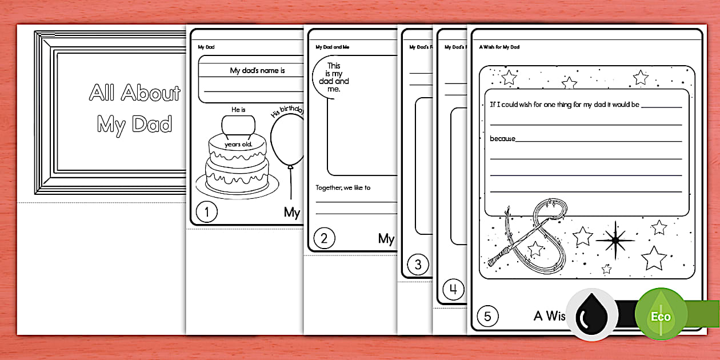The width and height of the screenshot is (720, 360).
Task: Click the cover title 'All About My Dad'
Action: click(135, 109)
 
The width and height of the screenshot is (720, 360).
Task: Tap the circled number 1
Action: click(206, 213)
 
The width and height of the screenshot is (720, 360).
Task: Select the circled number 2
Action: click(324, 239)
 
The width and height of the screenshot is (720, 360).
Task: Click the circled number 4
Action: click(453, 290)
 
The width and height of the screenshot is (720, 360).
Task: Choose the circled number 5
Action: click(487, 315)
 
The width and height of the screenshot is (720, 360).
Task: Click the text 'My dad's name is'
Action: click(257, 71)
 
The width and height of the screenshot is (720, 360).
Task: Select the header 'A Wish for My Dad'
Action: click(499, 47)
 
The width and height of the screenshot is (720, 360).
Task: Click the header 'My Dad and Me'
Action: click(332, 47)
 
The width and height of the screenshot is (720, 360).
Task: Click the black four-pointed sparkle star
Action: click(615, 241)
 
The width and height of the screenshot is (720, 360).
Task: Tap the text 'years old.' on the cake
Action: click(238, 144)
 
